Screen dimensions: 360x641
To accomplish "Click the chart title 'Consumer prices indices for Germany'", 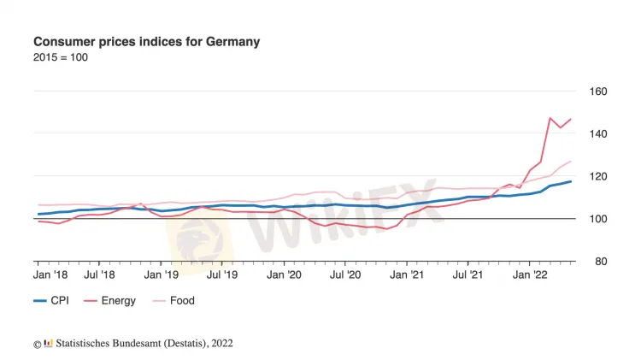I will pos(146,41).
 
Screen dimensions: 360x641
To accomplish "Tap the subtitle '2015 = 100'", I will pos(60,57).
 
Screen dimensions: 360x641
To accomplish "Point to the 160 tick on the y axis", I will pos(597,91).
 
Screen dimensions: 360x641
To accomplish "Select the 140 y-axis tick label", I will pos(597,134).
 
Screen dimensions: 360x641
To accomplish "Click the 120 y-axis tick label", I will pos(597,176).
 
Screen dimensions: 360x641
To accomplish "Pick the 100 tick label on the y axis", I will pos(597,219).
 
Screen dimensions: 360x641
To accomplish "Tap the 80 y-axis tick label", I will pos(597,262).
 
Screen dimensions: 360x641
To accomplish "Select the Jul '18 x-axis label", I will pos(100,275).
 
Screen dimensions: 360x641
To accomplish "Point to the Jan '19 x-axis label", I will pos(162,275).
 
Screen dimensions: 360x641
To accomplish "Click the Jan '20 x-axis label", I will pos(285,275).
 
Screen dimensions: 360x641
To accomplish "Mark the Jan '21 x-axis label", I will pos(407,275).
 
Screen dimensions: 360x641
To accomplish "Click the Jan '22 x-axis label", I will pos(530,275).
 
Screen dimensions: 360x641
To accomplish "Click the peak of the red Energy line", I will pos(550,118).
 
